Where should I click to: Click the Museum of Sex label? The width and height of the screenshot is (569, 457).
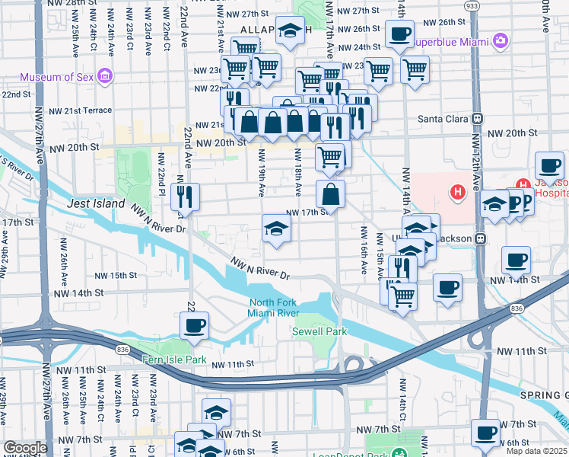[58, 77]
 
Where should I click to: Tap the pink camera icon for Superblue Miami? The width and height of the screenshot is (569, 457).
[500, 40]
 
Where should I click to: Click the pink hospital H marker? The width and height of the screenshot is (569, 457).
[458, 192]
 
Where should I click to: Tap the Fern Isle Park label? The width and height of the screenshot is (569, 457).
[173, 359]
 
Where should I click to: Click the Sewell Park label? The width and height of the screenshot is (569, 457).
[319, 331]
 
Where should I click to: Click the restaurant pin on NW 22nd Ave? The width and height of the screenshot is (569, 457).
[186, 197]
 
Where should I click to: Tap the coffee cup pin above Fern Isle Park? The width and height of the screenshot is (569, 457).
[194, 325]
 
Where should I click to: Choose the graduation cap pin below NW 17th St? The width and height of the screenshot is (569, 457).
[276, 228]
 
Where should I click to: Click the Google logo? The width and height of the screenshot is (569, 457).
[25, 448]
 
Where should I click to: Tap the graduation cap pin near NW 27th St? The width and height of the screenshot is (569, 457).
[289, 31]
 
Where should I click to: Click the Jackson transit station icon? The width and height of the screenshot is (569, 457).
[480, 238]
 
